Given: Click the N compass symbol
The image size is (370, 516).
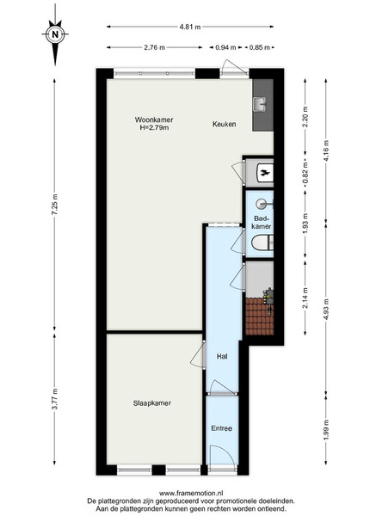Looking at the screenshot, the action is click(55, 34).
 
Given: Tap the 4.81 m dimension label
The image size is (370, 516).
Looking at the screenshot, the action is click(190, 27).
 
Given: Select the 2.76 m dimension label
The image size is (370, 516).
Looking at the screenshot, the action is click(154, 47).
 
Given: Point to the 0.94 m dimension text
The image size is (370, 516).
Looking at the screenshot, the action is click(225, 47).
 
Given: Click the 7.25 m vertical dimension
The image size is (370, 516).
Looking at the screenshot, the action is click(55, 205).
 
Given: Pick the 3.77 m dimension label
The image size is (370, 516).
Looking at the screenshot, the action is click(55, 399).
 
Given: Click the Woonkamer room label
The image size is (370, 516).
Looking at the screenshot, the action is click(154, 120).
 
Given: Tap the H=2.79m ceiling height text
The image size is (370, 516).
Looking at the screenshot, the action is click(154, 127).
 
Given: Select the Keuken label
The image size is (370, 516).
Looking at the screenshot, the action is click(224, 124).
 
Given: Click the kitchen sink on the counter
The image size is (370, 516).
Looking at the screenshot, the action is click(260, 105).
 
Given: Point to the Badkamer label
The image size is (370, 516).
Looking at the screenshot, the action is click(262, 222).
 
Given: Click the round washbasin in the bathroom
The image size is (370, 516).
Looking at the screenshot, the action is click(263, 205).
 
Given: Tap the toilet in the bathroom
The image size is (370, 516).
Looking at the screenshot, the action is click(262, 243).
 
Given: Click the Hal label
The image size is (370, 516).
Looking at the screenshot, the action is click(222, 356).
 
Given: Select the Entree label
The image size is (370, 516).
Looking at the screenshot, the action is click(221, 428).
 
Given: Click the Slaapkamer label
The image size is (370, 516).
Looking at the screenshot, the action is click(152, 403).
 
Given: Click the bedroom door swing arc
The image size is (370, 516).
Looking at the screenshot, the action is click(195, 355).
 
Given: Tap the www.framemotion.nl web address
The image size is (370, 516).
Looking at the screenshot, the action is click(191, 494).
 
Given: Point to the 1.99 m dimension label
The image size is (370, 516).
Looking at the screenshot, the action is click(326, 428).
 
